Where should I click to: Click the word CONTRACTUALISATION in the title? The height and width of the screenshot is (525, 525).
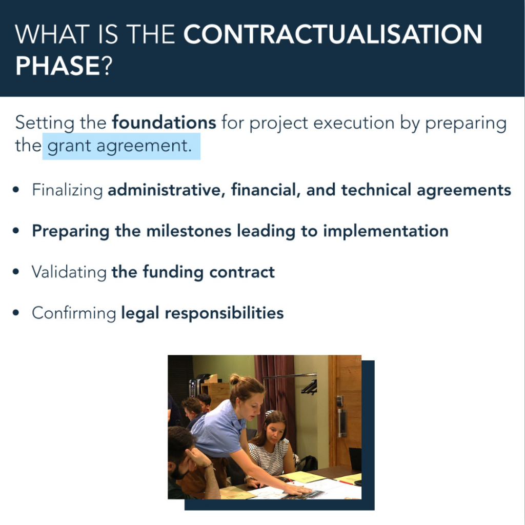click(333, 34)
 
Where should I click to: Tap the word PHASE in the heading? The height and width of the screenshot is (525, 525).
click(57, 66)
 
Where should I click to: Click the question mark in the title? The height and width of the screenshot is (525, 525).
click(107, 66)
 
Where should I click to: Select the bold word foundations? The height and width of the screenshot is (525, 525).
click(164, 123)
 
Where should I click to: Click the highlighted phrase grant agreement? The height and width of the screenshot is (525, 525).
click(119, 146)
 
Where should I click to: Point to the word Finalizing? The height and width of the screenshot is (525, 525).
click(67, 190)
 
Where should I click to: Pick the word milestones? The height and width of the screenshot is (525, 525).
click(189, 231)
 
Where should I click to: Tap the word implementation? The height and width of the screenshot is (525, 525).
click(386, 231)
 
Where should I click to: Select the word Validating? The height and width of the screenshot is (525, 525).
click(69, 272)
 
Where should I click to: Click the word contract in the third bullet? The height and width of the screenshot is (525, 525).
click(242, 272)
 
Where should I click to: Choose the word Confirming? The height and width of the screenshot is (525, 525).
click(74, 313)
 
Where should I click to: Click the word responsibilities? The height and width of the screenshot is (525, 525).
click(225, 313)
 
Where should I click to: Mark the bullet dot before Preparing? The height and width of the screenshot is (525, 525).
click(16, 231)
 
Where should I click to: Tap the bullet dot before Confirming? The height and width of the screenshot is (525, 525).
click(16, 313)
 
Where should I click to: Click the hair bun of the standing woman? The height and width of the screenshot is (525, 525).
click(235, 379)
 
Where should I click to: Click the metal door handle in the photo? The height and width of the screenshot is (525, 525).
click(341, 422)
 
